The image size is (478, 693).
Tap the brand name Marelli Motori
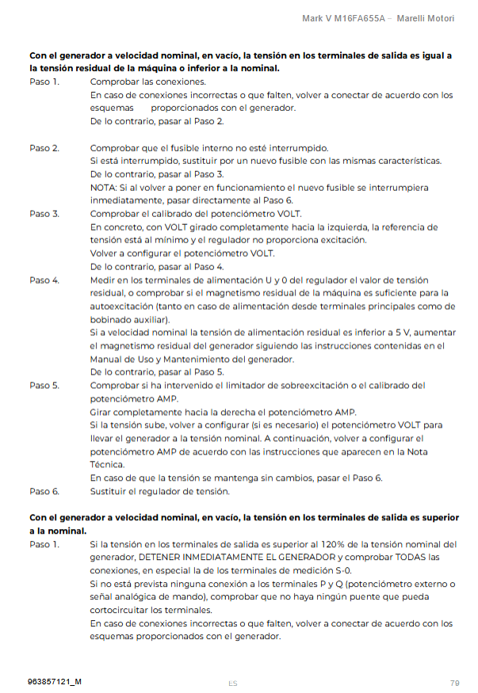426,17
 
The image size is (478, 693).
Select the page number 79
454,682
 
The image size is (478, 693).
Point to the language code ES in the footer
232,683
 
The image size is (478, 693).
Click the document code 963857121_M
55,682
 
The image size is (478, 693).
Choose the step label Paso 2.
44,147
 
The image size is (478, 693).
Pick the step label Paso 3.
44,214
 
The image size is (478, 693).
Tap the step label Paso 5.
44,385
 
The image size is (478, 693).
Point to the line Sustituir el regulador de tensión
160,492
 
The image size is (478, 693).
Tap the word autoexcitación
121,306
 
